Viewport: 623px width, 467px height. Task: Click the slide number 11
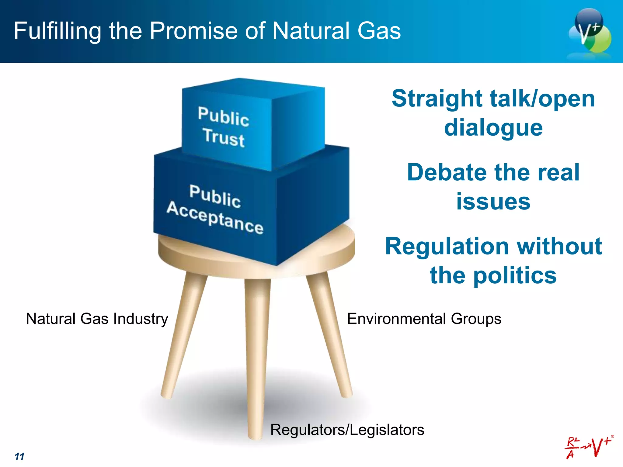(19, 457)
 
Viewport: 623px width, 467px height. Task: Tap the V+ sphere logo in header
(590, 32)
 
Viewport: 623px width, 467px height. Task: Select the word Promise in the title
(193, 31)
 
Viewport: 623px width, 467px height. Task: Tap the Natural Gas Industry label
(97, 319)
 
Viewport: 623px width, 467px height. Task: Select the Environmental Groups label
(424, 319)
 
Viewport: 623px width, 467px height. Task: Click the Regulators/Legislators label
(347, 430)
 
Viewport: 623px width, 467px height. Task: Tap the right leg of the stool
(330, 334)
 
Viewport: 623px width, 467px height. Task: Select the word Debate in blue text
(446, 172)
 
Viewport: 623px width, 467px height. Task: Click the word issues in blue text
(493, 202)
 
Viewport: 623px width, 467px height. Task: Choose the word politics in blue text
(515, 275)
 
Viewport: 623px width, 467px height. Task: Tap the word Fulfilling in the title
(57, 31)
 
